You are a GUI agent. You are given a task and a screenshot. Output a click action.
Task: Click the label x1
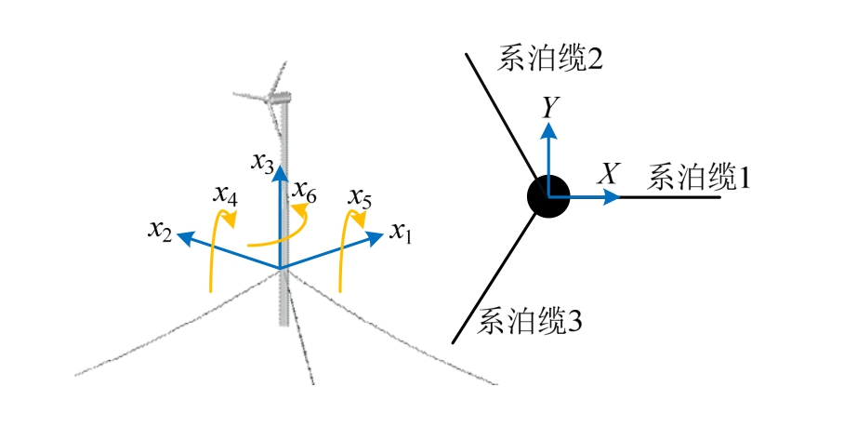pos(401,234)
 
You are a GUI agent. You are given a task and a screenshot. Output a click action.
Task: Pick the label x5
pos(361,197)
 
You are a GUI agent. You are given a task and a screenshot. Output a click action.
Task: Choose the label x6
pos(305,193)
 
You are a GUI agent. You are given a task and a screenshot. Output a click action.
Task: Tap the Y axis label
pos(551,109)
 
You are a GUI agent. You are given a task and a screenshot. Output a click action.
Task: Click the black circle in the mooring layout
pos(548,196)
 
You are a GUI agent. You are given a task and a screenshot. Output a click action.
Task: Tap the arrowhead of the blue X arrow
pos(614,196)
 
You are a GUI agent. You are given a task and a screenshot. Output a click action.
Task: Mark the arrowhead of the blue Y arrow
pos(550,128)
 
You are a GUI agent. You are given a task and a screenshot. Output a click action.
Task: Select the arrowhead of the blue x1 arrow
pos(376,236)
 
